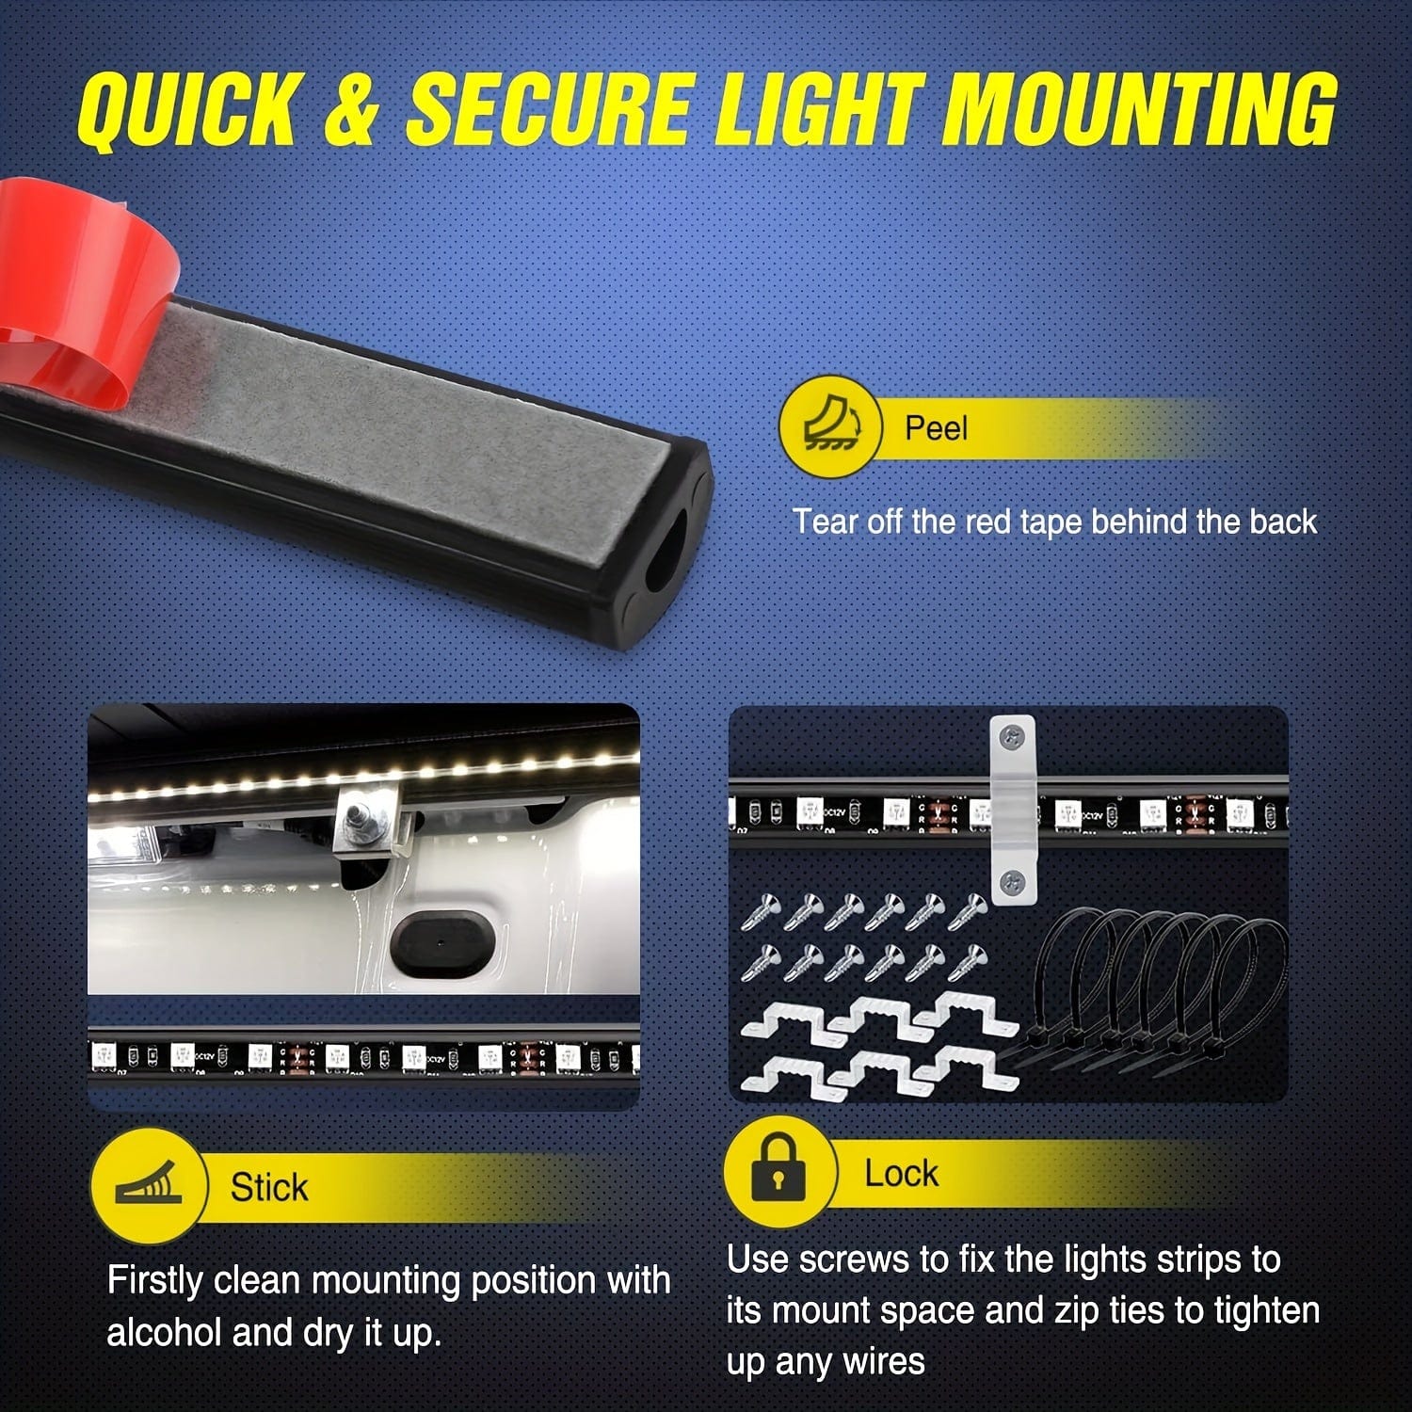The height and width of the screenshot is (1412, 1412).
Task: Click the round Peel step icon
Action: coord(830,426)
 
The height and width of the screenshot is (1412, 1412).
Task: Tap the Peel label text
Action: coord(936,428)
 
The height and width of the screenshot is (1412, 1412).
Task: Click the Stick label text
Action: coord(269,1187)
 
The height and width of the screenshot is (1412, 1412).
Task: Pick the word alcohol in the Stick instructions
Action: coord(163,1332)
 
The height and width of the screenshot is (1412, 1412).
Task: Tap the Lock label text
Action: coord(901,1174)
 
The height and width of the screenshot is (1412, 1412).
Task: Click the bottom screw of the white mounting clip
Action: coord(1013,882)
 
